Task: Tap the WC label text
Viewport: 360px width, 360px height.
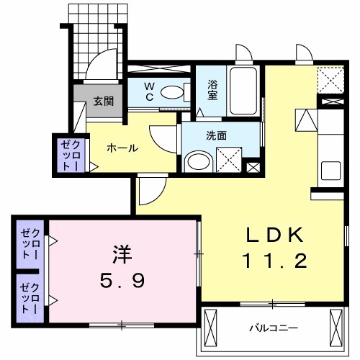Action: pyautogui.click(x=149, y=91)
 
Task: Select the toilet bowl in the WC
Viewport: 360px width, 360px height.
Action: pyautogui.click(x=171, y=92)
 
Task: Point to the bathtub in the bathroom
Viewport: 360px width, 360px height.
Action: pyautogui.click(x=244, y=91)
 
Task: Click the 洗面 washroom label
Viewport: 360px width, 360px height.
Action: pyautogui.click(x=217, y=134)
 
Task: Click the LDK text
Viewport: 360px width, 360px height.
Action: pyautogui.click(x=276, y=235)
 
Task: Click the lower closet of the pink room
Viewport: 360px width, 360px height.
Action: pyautogui.click(x=30, y=297)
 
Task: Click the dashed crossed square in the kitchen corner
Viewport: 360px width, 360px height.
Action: pyautogui.click(x=332, y=78)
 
